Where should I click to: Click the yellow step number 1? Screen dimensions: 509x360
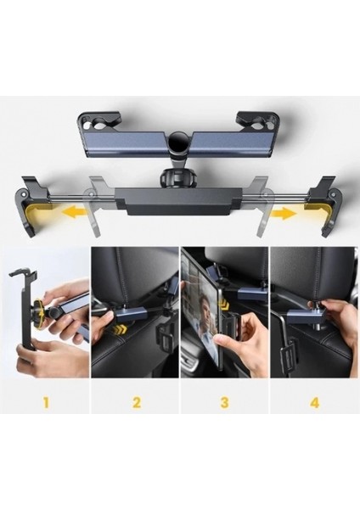pos(44,401)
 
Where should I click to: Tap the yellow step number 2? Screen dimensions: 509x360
pos(135,401)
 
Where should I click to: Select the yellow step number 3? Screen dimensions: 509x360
pos(224,401)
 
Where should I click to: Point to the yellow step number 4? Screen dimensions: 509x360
pos(314,401)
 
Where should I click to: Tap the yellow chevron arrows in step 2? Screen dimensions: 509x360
pos(127,325)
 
